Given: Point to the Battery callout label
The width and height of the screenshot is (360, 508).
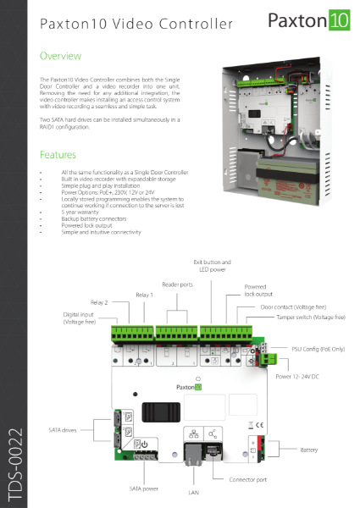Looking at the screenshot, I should coord(309,450).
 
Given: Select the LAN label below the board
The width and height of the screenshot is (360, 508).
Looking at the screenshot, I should coord(191,491).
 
